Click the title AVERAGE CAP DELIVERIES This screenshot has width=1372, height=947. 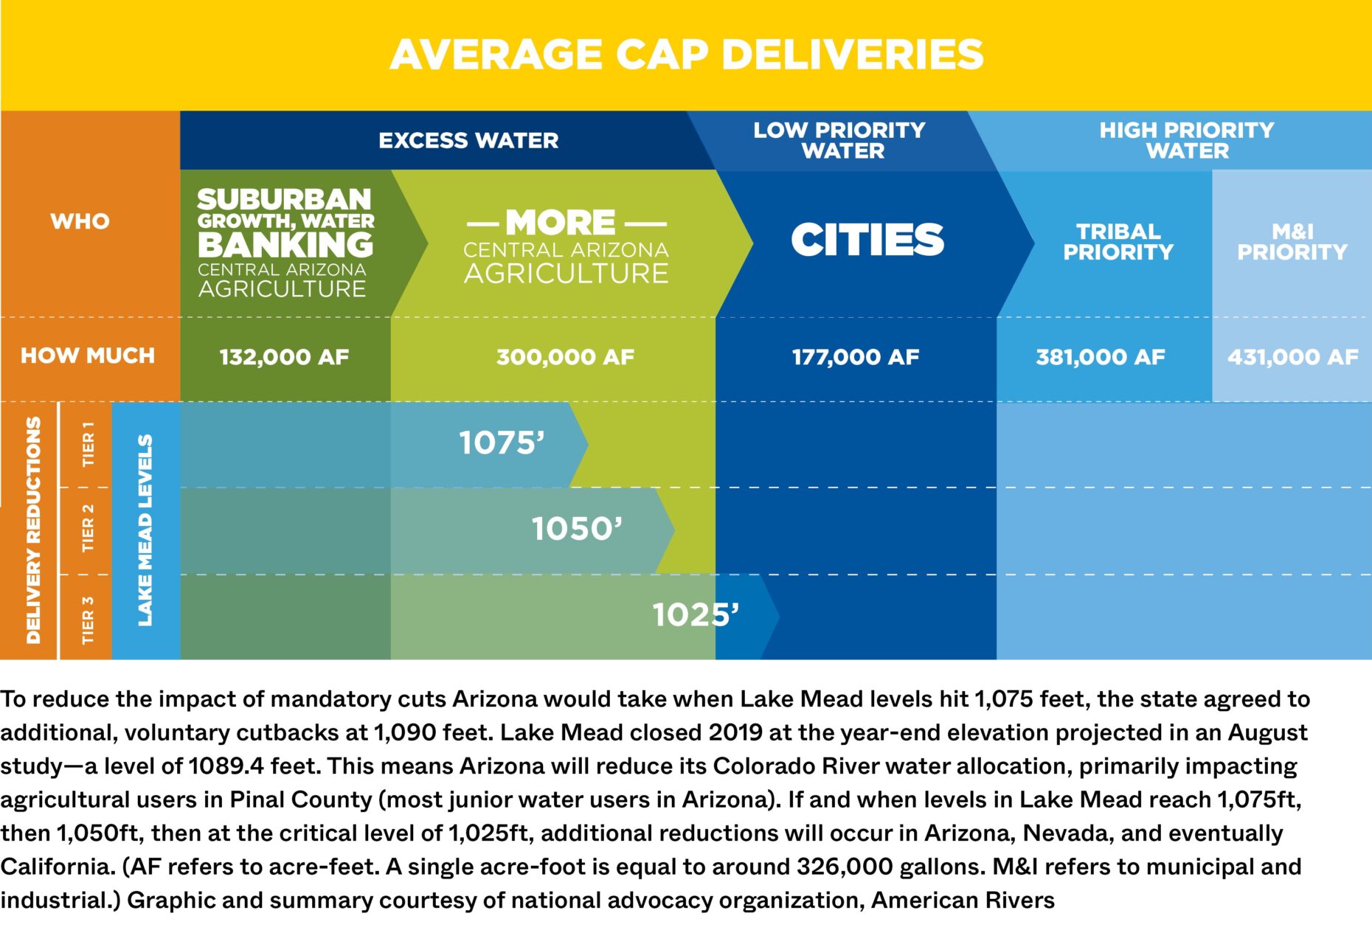pyautogui.click(x=686, y=55)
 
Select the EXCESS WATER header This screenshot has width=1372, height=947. pyautogui.click(x=468, y=140)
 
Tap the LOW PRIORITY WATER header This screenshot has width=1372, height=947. pyautogui.click(x=839, y=140)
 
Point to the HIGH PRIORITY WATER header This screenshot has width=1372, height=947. pyautogui.click(x=1186, y=140)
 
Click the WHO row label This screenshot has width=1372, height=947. pyautogui.click(x=80, y=221)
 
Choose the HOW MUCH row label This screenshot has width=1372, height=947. pyautogui.click(x=87, y=355)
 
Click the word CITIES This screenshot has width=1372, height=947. pyautogui.click(x=867, y=240)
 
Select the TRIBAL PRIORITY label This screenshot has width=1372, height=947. pyautogui.click(x=1118, y=242)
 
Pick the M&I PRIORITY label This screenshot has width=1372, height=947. pyautogui.click(x=1292, y=242)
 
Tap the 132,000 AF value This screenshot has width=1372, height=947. pyautogui.click(x=284, y=358)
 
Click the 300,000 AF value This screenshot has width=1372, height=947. pyautogui.click(x=565, y=358)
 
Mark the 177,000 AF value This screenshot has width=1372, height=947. pyautogui.click(x=856, y=358)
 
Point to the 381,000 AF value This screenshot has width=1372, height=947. pyautogui.click(x=1101, y=358)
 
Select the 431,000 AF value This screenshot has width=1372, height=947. pyautogui.click(x=1292, y=358)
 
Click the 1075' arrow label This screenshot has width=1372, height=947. pyautogui.click(x=502, y=443)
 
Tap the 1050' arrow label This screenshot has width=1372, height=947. pyautogui.click(x=577, y=529)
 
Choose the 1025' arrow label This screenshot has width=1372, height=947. pyautogui.click(x=695, y=614)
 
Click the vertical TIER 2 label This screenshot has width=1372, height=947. pyautogui.click(x=88, y=529)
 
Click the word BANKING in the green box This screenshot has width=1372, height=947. pyautogui.click(x=285, y=244)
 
